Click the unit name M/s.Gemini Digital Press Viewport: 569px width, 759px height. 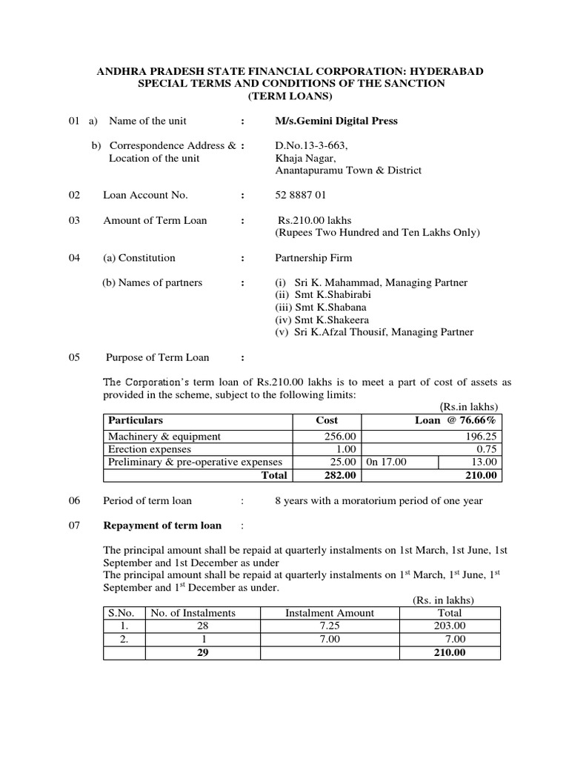coord(336,121)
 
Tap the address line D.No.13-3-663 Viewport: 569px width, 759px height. coord(311,145)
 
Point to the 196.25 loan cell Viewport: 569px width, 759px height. coord(482,437)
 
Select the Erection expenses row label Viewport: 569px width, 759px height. coord(150,449)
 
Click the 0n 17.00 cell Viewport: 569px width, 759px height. coord(386,462)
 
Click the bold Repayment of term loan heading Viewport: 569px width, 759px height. coord(162,526)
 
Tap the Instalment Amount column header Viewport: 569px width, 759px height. coord(330,612)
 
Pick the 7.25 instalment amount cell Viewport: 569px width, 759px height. coord(330,626)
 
